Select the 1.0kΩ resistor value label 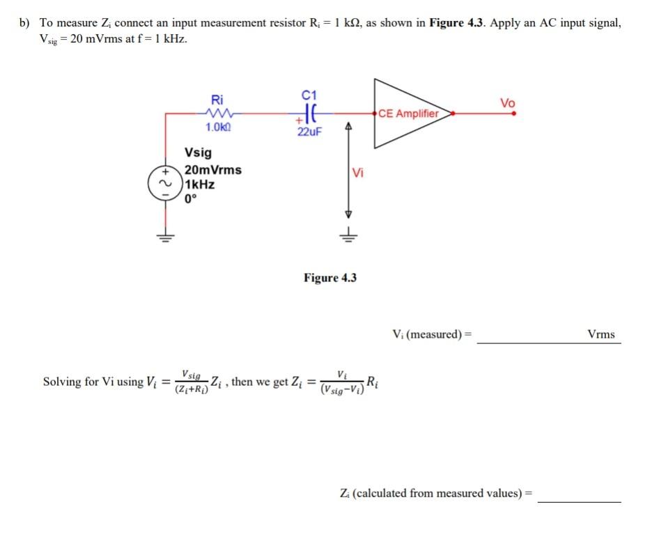[x=219, y=127]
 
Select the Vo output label [x=508, y=103]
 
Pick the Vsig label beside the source [x=199, y=153]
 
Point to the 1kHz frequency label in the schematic [x=200, y=185]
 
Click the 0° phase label [x=192, y=198]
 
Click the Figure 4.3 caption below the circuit [x=330, y=278]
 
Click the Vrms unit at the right [x=601, y=334]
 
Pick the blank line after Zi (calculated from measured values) [x=579, y=500]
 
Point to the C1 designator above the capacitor [x=310, y=95]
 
